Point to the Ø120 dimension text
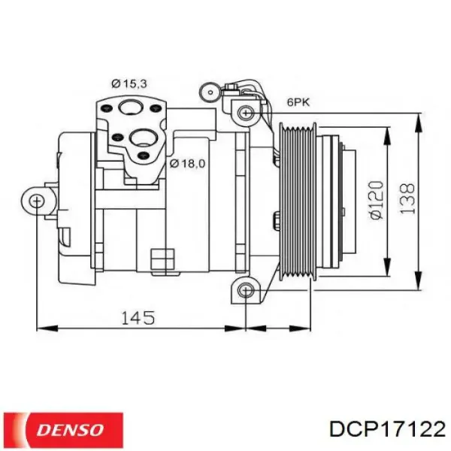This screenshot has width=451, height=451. tap(377, 199)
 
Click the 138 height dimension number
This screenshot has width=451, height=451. tap(407, 199)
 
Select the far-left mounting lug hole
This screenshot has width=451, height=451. tap(37, 199)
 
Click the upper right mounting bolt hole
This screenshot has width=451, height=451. tap(244, 113)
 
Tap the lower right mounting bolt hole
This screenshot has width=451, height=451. tap(244, 290)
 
